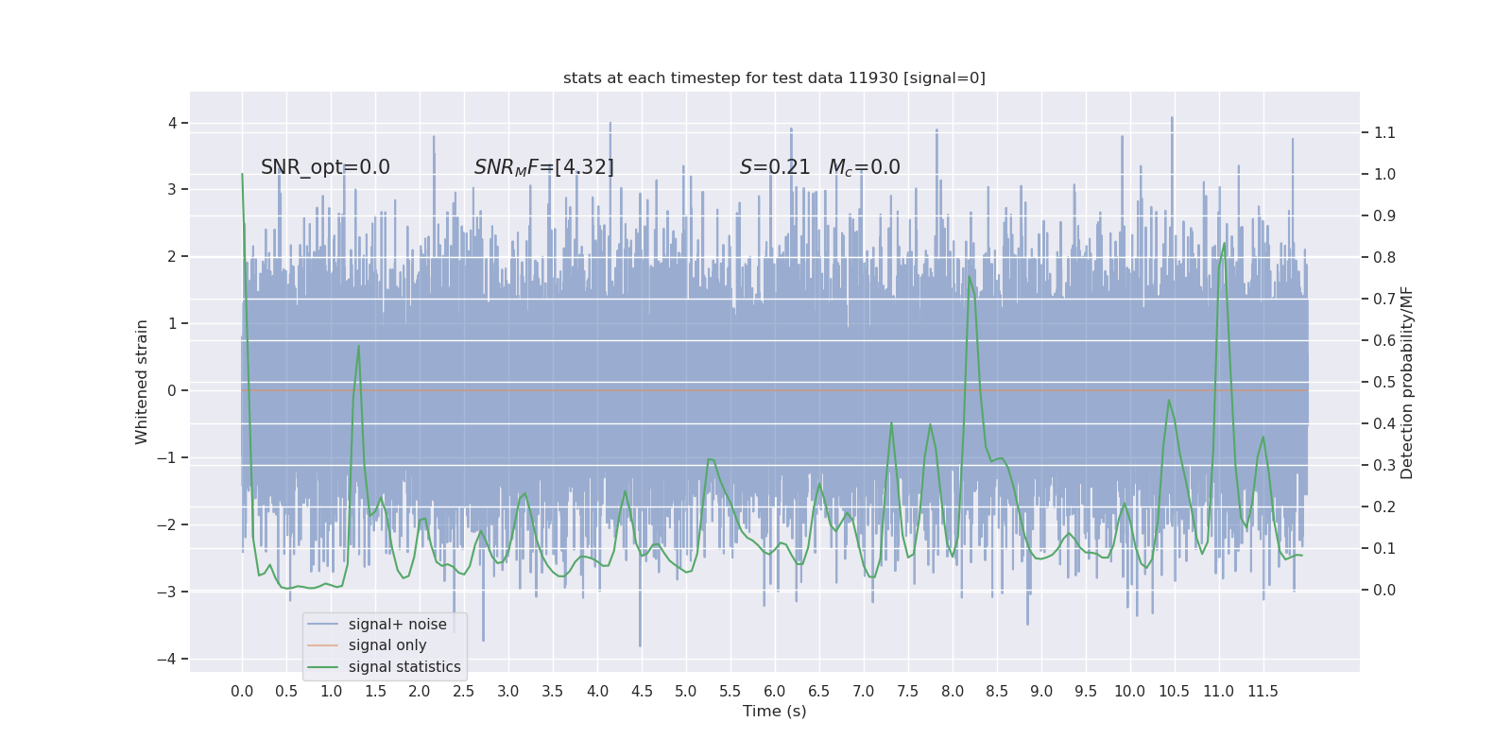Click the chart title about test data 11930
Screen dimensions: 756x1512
click(774, 78)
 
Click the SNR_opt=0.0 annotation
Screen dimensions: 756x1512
click(325, 167)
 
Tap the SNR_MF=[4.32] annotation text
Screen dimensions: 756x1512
click(543, 167)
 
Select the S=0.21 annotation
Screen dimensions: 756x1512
click(775, 167)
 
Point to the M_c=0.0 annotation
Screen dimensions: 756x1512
click(864, 167)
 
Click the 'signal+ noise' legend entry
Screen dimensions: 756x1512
click(397, 625)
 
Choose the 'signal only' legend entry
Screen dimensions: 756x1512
click(387, 645)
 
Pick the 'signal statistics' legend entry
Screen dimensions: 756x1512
click(404, 667)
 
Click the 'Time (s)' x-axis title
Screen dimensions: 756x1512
click(774, 712)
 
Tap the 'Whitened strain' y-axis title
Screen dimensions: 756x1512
click(142, 382)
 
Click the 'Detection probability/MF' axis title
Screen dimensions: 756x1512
click(1407, 383)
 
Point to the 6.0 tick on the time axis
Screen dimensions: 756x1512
click(774, 692)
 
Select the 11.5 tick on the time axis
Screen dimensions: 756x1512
click(1263, 692)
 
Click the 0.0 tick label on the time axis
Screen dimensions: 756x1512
click(242, 692)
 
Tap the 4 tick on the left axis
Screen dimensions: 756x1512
click(173, 123)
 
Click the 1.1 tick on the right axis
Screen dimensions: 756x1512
click(1384, 132)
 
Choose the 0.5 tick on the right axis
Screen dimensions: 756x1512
click(1384, 382)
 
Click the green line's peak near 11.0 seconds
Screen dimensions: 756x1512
click(1224, 244)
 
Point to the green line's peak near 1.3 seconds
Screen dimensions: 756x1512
click(359, 346)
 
